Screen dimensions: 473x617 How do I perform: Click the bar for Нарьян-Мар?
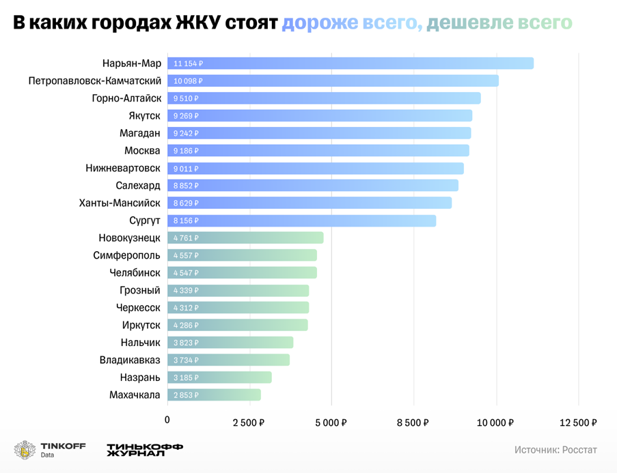click(x=350, y=63)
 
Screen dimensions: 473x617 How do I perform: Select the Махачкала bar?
click(x=214, y=395)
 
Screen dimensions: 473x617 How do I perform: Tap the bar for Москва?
click(x=318, y=150)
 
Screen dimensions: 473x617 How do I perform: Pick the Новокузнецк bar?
click(x=245, y=238)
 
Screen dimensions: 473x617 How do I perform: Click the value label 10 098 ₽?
click(x=189, y=81)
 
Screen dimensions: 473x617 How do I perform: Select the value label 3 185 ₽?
click(x=186, y=377)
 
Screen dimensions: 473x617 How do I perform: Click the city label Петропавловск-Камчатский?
click(x=94, y=81)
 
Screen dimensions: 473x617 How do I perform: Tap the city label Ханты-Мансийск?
click(x=120, y=203)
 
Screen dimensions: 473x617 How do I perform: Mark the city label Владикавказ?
click(x=130, y=360)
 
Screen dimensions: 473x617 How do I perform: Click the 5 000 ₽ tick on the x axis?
click(x=331, y=422)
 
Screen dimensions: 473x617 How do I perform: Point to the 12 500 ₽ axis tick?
click(x=579, y=422)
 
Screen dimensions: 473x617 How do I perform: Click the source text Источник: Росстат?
click(x=556, y=450)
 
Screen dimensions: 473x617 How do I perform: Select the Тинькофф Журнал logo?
click(x=144, y=450)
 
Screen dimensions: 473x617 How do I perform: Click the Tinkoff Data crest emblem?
click(x=25, y=450)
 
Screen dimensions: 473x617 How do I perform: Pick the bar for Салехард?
click(x=312, y=186)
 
